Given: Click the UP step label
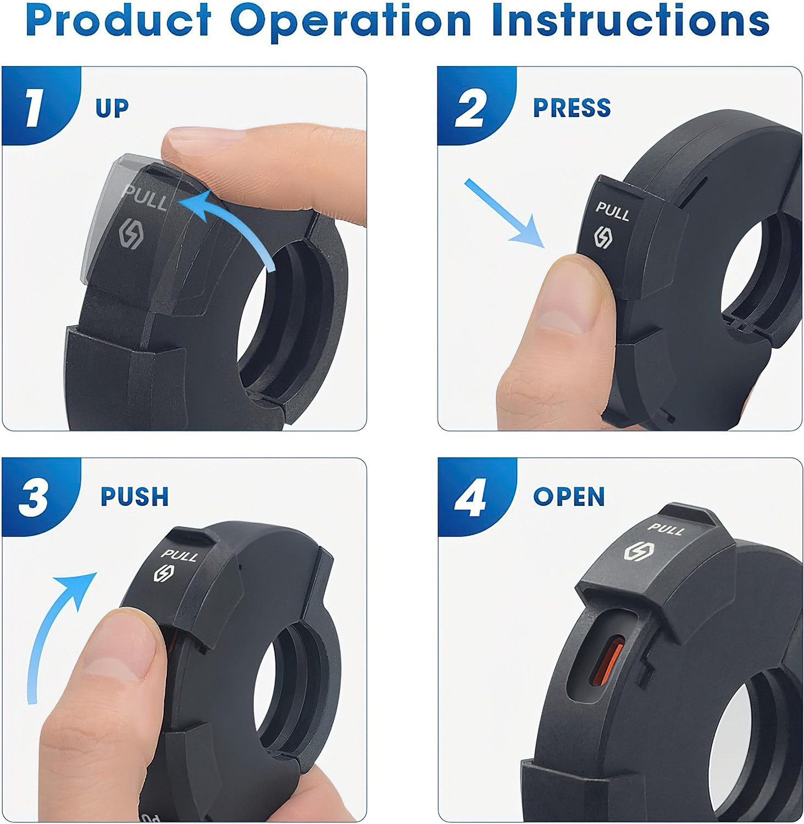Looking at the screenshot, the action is tap(112, 108).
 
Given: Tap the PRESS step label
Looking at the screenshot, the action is tap(572, 108).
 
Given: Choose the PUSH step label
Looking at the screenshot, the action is tap(135, 497).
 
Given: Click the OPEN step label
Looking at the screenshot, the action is tap(569, 497).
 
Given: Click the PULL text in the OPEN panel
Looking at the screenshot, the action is tap(666, 529).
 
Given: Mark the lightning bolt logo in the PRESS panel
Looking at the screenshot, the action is tap(603, 237).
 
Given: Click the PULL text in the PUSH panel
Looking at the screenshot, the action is tap(179, 555).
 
